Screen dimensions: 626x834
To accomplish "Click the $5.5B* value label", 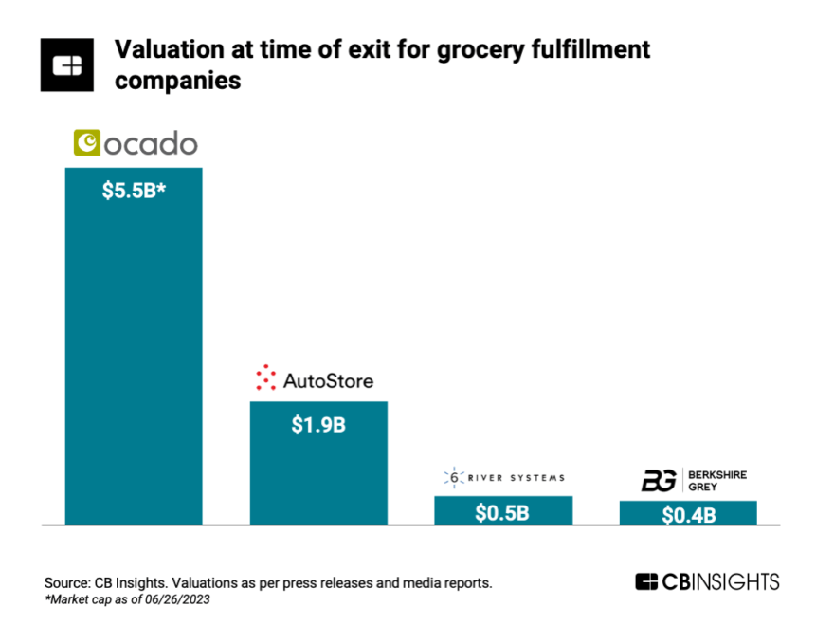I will click(x=133, y=190).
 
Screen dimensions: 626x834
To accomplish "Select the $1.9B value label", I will click(x=318, y=424).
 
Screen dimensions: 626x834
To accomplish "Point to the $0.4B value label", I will click(x=688, y=516).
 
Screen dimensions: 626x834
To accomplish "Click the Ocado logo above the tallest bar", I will click(x=136, y=143).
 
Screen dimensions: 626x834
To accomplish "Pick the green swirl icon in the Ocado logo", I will click(x=87, y=143).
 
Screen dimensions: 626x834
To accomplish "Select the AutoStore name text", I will click(x=328, y=381).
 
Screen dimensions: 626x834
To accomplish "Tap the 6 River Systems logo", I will click(x=503, y=478).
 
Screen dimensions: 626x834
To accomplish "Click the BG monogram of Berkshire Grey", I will click(x=658, y=480).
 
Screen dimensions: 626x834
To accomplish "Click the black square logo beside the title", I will click(x=66, y=65).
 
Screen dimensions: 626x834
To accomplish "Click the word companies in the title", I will click(x=177, y=82).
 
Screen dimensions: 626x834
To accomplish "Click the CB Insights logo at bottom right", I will click(x=707, y=581).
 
